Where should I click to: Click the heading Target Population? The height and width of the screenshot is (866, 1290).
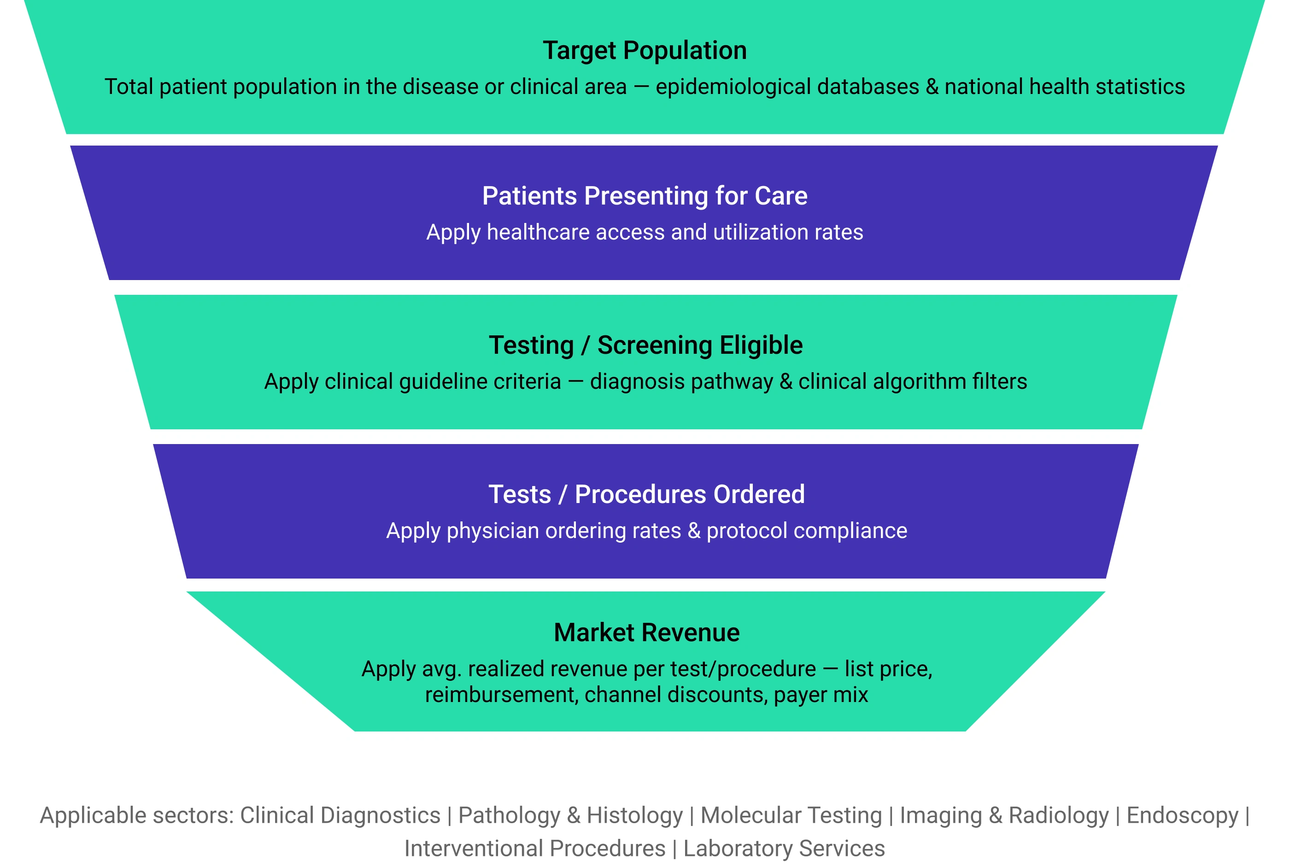click(645, 51)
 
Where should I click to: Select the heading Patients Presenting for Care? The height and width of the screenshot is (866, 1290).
click(645, 196)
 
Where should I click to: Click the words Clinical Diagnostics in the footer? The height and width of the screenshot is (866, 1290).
click(340, 816)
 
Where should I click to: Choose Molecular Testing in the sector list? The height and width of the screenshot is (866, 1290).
click(792, 816)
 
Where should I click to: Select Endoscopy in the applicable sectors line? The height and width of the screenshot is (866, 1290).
click(1182, 816)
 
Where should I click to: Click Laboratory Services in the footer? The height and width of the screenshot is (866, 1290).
click(784, 849)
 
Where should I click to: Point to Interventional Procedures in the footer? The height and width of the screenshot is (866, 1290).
click(535, 848)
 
